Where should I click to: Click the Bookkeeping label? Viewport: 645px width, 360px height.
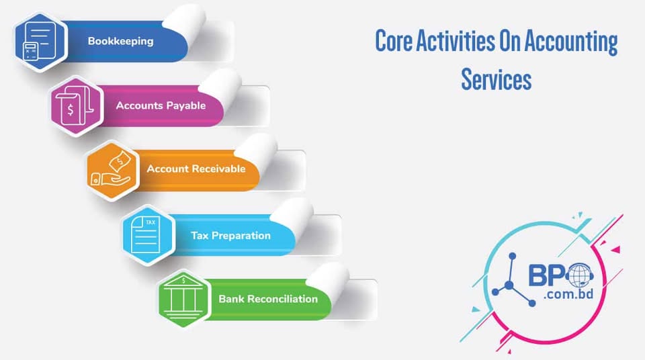(120, 41)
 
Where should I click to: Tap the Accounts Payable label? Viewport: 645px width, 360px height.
(161, 105)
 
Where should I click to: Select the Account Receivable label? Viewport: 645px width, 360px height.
(196, 169)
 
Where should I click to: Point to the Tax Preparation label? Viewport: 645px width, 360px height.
(230, 236)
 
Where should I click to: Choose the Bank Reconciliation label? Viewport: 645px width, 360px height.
(268, 299)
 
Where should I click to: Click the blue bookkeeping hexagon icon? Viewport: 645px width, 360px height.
(40, 41)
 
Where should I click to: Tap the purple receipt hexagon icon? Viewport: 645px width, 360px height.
(76, 105)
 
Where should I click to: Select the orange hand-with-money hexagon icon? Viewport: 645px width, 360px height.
(112, 170)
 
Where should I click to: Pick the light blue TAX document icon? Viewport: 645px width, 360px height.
(147, 235)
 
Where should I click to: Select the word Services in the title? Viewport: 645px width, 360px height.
(496, 79)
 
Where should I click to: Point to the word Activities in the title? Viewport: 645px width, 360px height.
(455, 42)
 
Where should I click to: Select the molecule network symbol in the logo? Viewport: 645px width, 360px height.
(515, 282)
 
